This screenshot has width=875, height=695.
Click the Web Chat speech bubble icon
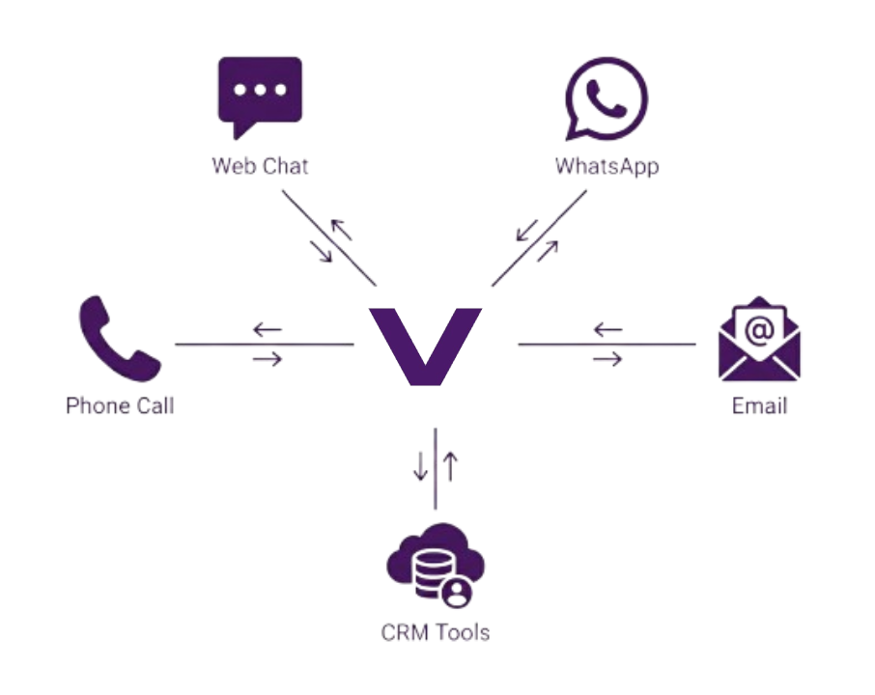point(260,96)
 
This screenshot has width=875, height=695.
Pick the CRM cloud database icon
point(435,567)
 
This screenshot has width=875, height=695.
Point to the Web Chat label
point(260,165)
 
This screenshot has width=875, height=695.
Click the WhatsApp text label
point(607,165)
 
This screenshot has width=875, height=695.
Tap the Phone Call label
point(120,405)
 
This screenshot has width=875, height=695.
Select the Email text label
point(759,405)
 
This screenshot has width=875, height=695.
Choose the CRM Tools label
point(435,633)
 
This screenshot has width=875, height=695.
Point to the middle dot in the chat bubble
point(260,90)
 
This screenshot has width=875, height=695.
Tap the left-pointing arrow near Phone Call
point(267,330)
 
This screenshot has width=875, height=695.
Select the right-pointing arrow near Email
point(607,360)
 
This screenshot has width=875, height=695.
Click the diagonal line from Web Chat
point(328,237)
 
